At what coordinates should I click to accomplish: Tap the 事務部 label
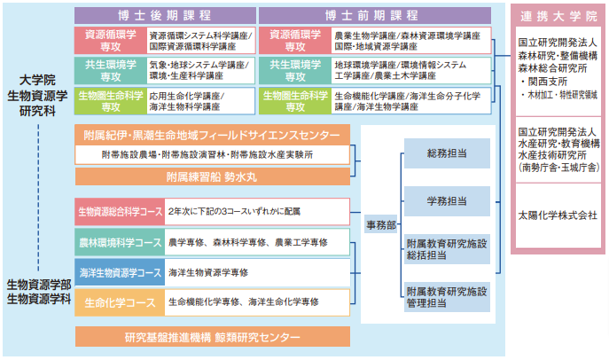(x=381, y=226)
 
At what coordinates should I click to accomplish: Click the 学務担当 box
(x=447, y=201)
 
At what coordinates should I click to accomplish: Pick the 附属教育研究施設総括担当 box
(x=447, y=248)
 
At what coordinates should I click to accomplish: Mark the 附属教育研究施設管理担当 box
(x=447, y=296)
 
